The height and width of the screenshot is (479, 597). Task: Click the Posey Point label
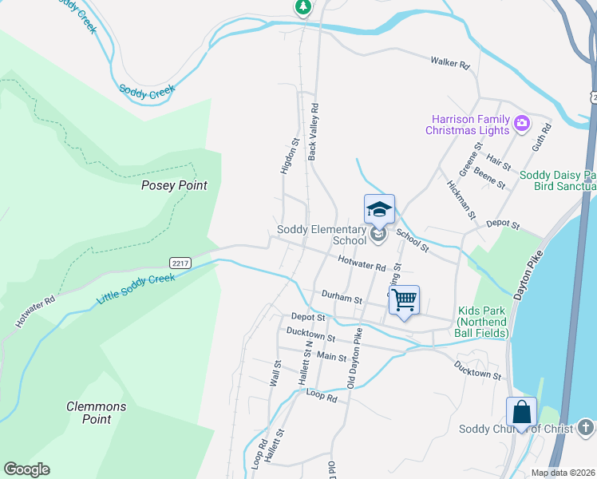tap(174, 185)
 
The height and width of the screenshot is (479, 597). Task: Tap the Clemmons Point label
tap(96, 413)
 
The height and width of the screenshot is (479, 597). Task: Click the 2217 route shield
tap(180, 263)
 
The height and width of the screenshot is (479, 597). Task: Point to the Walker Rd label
tap(449, 61)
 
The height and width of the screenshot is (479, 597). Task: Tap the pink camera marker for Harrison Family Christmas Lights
tap(522, 123)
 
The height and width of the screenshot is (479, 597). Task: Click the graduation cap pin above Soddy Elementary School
tap(379, 211)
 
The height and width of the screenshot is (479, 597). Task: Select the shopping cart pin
tap(405, 301)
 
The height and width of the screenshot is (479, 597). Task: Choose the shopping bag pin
tap(521, 412)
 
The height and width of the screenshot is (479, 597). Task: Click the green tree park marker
tap(303, 7)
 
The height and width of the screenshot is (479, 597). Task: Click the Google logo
tap(26, 469)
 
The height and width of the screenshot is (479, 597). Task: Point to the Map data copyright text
tap(563, 473)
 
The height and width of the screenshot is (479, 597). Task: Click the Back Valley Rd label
tap(314, 131)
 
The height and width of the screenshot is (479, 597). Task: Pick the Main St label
tap(331, 358)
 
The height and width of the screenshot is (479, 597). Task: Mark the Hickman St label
tap(461, 199)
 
